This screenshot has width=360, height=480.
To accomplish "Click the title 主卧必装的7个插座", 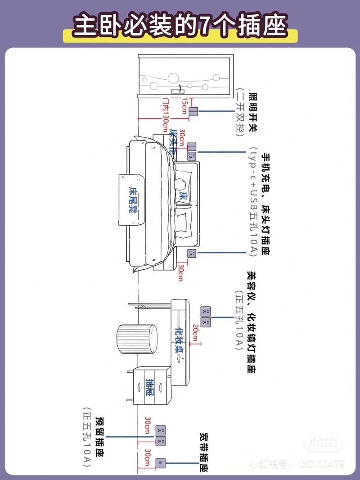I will click(180, 26).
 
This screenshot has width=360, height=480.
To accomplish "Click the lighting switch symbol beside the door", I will click(193, 112).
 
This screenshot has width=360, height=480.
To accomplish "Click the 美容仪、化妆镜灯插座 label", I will click(251, 322).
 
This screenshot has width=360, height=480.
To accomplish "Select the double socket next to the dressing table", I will click(206, 317).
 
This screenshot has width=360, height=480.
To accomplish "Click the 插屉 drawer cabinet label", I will click(150, 386).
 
